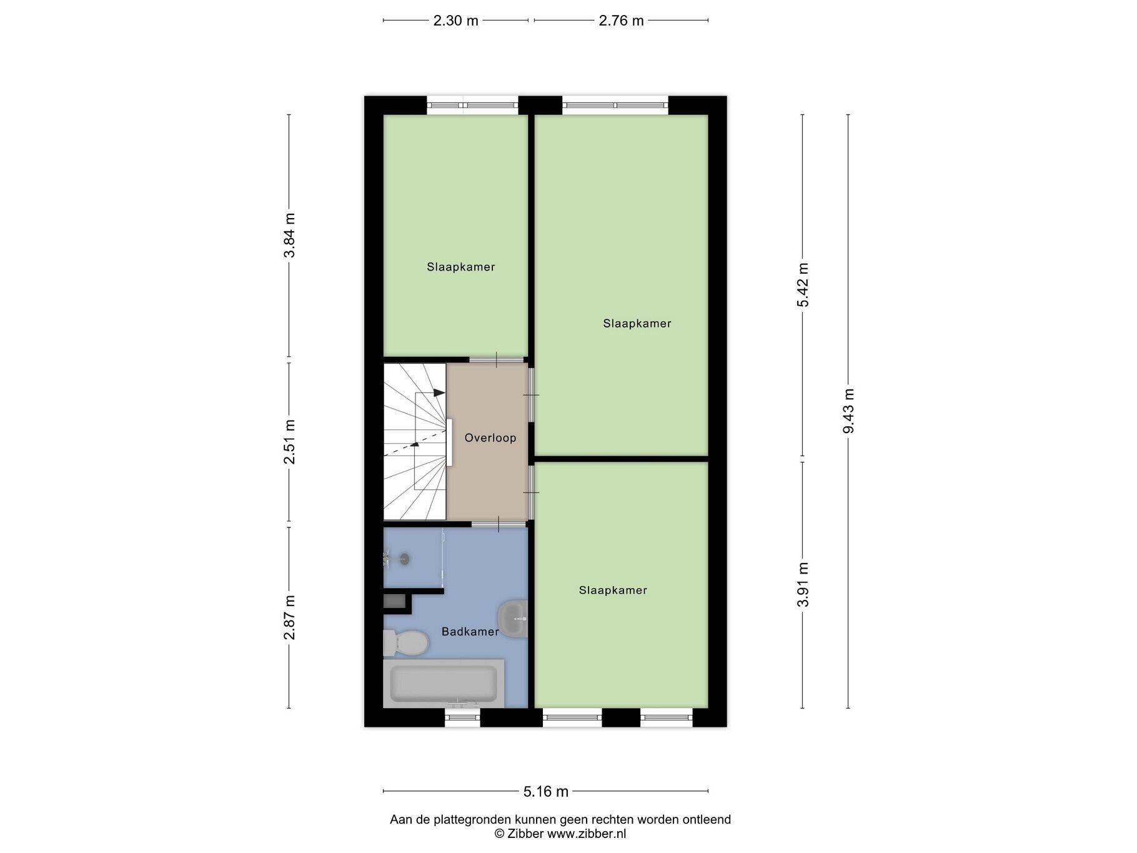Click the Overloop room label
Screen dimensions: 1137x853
coord(490,438)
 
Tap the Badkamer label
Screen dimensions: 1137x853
coord(470,632)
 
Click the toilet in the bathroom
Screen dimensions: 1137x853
coord(405,643)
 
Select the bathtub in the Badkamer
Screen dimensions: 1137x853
coord(444,684)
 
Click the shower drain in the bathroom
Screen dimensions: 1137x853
coord(405,558)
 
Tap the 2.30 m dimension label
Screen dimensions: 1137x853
coord(456,21)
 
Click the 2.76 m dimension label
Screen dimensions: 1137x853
coord(621,21)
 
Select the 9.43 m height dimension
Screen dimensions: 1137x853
coord(848,411)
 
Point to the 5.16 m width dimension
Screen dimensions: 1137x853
coord(546,792)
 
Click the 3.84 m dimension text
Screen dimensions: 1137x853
coord(289,236)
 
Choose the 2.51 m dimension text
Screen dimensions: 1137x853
coord(289,442)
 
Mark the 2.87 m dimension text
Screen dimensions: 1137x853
coord(289,617)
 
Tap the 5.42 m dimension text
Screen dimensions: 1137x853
coord(803,284)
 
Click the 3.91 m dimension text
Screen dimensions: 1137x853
coord(803,584)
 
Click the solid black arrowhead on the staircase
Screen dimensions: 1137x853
coord(439,392)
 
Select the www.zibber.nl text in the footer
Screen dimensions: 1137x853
coord(587,834)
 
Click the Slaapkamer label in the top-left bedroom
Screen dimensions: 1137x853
coord(461,267)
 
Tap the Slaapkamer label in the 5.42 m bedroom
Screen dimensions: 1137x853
coord(637,324)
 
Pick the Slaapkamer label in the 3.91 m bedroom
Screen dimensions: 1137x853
coord(613,591)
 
